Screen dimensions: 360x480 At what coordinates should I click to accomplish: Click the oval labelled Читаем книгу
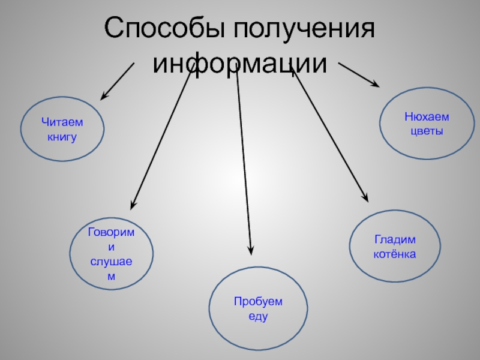[x=62, y=130]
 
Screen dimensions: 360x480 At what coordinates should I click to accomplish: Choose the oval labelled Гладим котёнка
[x=395, y=247]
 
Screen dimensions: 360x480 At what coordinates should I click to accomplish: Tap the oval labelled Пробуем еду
[x=258, y=308]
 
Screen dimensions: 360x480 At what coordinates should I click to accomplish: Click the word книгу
[x=62, y=137]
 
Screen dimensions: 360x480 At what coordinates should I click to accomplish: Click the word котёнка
[x=395, y=254]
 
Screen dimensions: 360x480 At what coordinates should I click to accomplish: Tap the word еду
[x=258, y=316]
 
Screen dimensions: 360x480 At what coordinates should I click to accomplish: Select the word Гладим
[x=395, y=240]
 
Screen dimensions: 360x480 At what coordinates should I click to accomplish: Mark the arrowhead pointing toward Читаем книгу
[x=104, y=96]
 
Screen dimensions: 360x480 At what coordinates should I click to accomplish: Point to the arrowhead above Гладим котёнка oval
[x=365, y=197]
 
